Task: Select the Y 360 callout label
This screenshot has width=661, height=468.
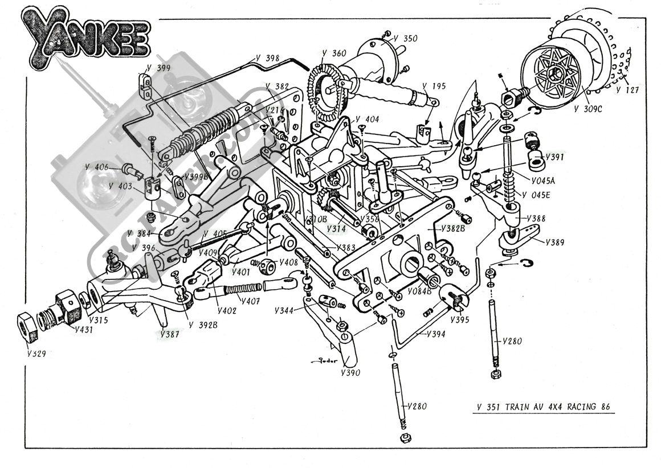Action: point(333,54)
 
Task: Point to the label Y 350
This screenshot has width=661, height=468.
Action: point(406,39)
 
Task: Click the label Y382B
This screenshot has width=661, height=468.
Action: point(454,228)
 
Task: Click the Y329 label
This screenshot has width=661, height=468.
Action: point(36,353)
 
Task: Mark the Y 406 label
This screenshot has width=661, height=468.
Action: point(96,167)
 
